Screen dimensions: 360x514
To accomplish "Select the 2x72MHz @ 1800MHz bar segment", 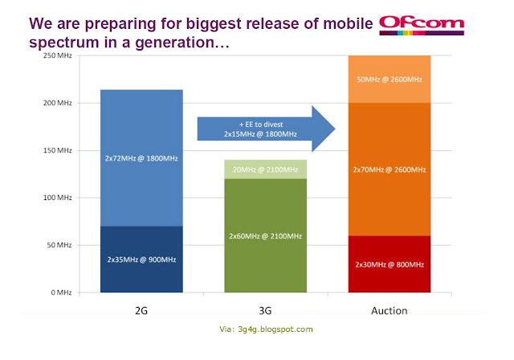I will pyautogui.click(x=141, y=158).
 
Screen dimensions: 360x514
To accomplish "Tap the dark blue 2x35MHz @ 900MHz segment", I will pyautogui.click(x=141, y=260).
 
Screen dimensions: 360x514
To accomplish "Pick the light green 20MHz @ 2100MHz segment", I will pyautogui.click(x=266, y=169).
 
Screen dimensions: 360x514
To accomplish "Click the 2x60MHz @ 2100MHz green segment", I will pyautogui.click(x=266, y=235).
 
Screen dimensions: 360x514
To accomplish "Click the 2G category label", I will pyautogui.click(x=141, y=309).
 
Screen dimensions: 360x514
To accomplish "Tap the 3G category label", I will pyautogui.click(x=266, y=309).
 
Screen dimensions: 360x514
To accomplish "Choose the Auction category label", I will pyautogui.click(x=389, y=309).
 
